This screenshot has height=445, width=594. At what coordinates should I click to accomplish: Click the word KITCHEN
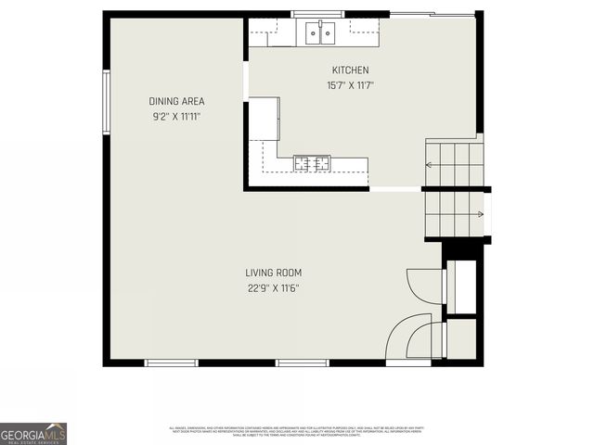coord(350,70)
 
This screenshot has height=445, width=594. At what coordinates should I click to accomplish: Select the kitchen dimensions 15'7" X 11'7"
coord(350,85)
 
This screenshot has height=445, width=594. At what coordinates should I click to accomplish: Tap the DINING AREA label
coord(176,102)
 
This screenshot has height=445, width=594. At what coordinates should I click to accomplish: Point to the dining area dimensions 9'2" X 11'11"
coord(176,117)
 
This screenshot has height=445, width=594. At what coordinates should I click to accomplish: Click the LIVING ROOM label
coord(273,273)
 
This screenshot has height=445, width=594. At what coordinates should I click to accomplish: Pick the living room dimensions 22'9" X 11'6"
coord(273,287)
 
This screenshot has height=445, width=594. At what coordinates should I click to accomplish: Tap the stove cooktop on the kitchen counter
coord(312,164)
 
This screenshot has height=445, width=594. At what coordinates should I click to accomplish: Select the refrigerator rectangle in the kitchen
coord(264,119)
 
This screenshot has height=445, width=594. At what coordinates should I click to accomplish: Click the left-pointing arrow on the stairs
coord(431,164)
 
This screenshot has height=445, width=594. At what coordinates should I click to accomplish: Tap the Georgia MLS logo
coord(33,433)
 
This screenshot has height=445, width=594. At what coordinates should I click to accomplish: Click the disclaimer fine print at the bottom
coord(297,431)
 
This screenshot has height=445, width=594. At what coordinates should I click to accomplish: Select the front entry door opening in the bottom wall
coord(408,362)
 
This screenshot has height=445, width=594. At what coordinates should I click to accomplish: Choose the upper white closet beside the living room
coord(461,287)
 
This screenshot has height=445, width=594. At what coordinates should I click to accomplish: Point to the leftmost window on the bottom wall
coord(172,362)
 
